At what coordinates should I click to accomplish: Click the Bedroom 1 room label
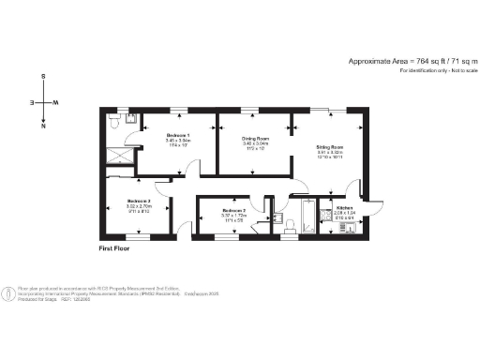(x=178, y=137)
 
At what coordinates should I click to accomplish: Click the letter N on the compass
(x=43, y=126)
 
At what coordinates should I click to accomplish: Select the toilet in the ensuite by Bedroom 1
(x=114, y=121)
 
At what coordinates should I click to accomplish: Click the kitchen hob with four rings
(x=326, y=226)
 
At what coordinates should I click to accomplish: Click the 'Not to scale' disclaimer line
(x=432, y=71)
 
